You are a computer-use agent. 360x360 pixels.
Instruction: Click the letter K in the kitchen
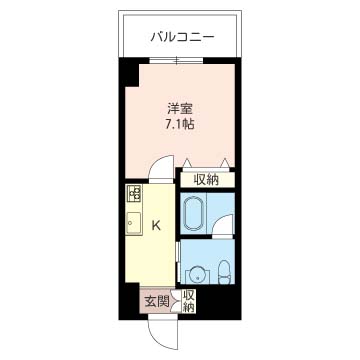point(156,225)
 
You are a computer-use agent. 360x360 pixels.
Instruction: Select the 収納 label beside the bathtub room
point(207,180)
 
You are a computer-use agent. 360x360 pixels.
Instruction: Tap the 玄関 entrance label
point(155,301)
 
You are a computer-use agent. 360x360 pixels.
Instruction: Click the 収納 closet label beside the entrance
point(189,301)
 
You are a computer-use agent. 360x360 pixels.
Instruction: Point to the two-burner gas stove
point(134,194)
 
